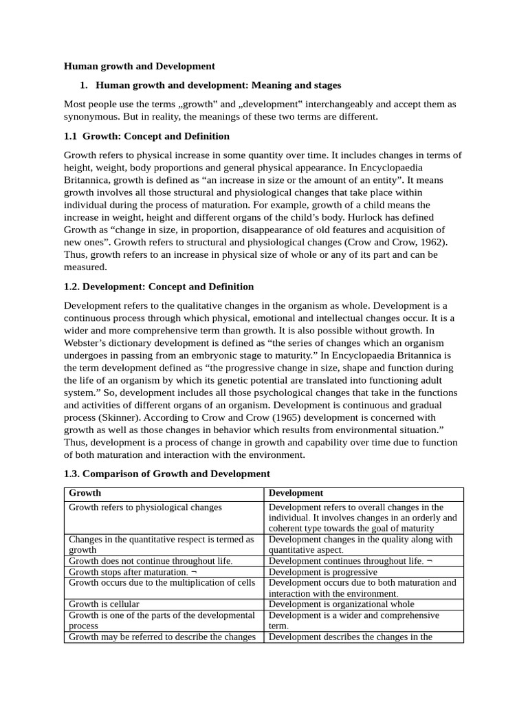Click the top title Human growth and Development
coord(140,66)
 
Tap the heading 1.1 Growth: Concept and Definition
coord(146,136)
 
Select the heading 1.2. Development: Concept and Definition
coord(159,287)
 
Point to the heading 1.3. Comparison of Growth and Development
coord(167,474)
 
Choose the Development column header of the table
coord(296,493)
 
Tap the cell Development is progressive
coord(322,572)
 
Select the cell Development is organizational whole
coord(341,604)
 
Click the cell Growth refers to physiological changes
coord(145,507)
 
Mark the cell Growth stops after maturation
coord(128,572)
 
